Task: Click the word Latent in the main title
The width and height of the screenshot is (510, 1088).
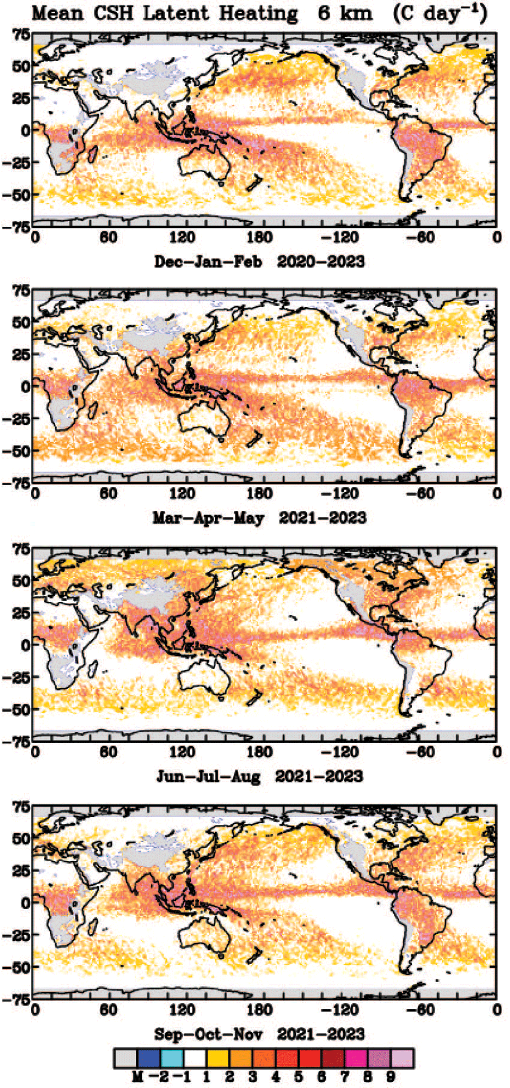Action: [x=176, y=13]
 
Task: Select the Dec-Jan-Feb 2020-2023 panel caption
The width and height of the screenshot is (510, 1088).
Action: [x=259, y=261]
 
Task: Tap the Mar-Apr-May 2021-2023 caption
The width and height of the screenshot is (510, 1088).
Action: [x=259, y=518]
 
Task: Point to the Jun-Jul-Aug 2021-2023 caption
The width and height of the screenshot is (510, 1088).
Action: [x=259, y=776]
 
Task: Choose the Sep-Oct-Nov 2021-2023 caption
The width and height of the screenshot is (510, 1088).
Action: [x=259, y=1035]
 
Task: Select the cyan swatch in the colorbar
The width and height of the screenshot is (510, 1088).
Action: [x=172, y=1059]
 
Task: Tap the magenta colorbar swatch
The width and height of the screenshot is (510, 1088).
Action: [x=356, y=1059]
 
